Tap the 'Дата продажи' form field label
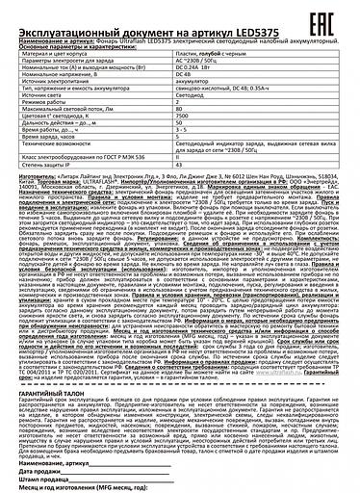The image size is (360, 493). click(29, 465)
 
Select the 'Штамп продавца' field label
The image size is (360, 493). click(32, 473)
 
